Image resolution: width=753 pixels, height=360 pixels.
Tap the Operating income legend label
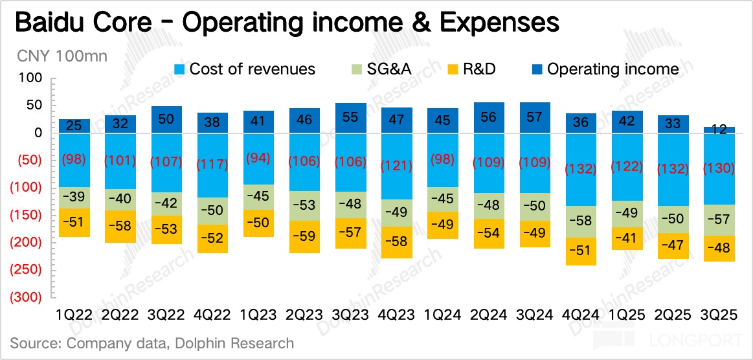(x=613, y=69)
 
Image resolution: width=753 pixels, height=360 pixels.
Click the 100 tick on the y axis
(x=32, y=78)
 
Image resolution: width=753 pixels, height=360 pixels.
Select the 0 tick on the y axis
(x=38, y=133)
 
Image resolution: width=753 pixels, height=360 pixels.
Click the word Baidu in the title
(x=54, y=23)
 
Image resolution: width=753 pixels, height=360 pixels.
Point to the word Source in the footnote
(x=33, y=343)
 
